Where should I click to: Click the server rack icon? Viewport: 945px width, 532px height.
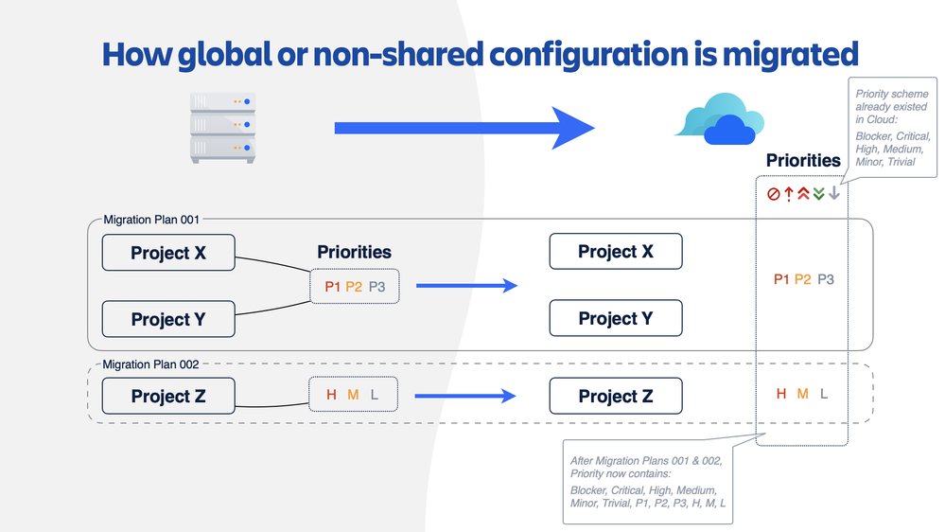coord(222,127)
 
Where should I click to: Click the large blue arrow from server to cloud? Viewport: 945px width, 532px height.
coord(464,128)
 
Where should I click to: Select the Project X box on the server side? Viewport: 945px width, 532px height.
coord(168,253)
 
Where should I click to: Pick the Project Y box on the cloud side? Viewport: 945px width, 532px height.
coord(616,318)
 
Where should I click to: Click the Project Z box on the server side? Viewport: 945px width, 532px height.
coord(168,397)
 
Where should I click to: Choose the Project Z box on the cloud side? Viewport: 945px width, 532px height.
coord(616,396)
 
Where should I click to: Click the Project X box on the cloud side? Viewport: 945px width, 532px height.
coord(616,252)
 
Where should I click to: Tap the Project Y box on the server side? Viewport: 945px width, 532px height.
coord(168,320)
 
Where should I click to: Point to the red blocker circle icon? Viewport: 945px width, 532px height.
coord(773,194)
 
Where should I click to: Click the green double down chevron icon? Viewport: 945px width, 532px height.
coord(818,194)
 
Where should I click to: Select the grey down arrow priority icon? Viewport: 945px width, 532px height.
coord(833,194)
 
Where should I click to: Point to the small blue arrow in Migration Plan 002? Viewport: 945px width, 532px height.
coord(466,397)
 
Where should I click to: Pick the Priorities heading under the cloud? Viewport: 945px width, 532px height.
coord(803,161)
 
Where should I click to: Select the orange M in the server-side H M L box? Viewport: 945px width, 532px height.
coord(353,395)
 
